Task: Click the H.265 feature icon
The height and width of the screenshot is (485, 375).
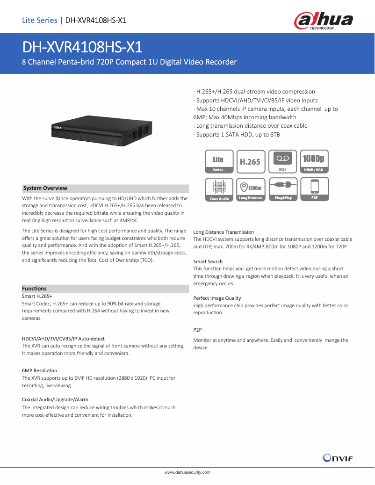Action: click(251, 161)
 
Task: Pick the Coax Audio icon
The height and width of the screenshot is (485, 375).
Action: click(219, 190)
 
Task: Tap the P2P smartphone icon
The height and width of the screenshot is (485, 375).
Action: click(314, 190)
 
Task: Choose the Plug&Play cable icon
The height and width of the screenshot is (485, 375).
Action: click(282, 190)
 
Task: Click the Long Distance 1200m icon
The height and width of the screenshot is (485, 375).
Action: click(251, 190)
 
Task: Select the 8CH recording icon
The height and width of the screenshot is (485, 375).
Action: click(282, 161)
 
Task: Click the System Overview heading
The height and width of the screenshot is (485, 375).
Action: click(45, 188)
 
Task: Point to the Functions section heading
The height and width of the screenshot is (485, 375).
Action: click(35, 289)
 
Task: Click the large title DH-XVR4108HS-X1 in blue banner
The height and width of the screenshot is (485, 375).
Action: click(82, 47)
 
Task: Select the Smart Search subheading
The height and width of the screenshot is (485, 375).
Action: click(208, 261)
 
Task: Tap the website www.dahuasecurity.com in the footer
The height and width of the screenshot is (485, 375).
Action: click(187, 472)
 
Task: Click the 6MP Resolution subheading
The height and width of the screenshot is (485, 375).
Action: click(40, 370)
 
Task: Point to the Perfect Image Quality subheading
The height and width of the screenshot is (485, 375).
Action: click(217, 298)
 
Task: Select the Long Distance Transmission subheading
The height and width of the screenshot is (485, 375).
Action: click(224, 232)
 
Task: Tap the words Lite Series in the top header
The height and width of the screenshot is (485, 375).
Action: click(39, 20)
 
